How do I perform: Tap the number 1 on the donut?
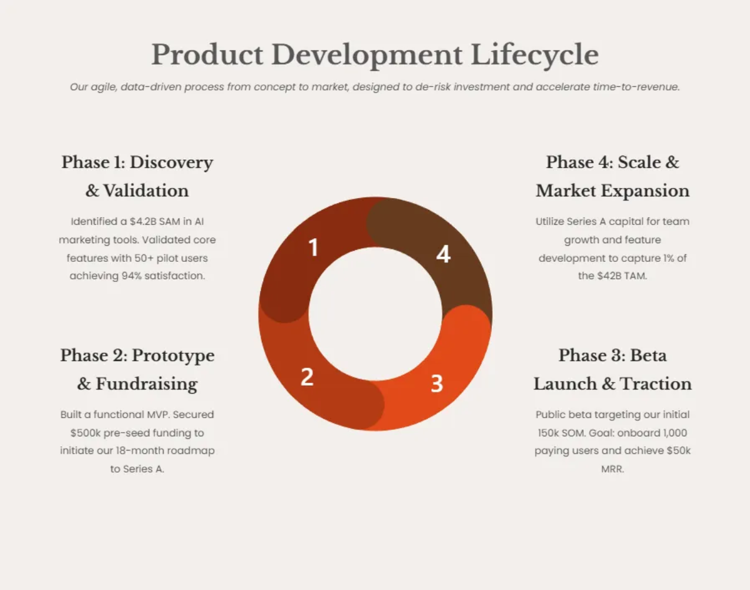click(x=314, y=247)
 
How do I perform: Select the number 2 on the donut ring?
click(x=307, y=377)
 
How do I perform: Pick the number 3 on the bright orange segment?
click(x=437, y=383)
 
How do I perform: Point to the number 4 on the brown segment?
click(x=443, y=254)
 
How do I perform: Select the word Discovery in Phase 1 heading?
click(x=171, y=162)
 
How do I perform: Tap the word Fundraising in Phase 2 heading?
click(x=146, y=384)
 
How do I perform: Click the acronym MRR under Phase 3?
click(x=612, y=469)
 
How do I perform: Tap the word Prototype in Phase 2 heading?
click(x=173, y=356)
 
